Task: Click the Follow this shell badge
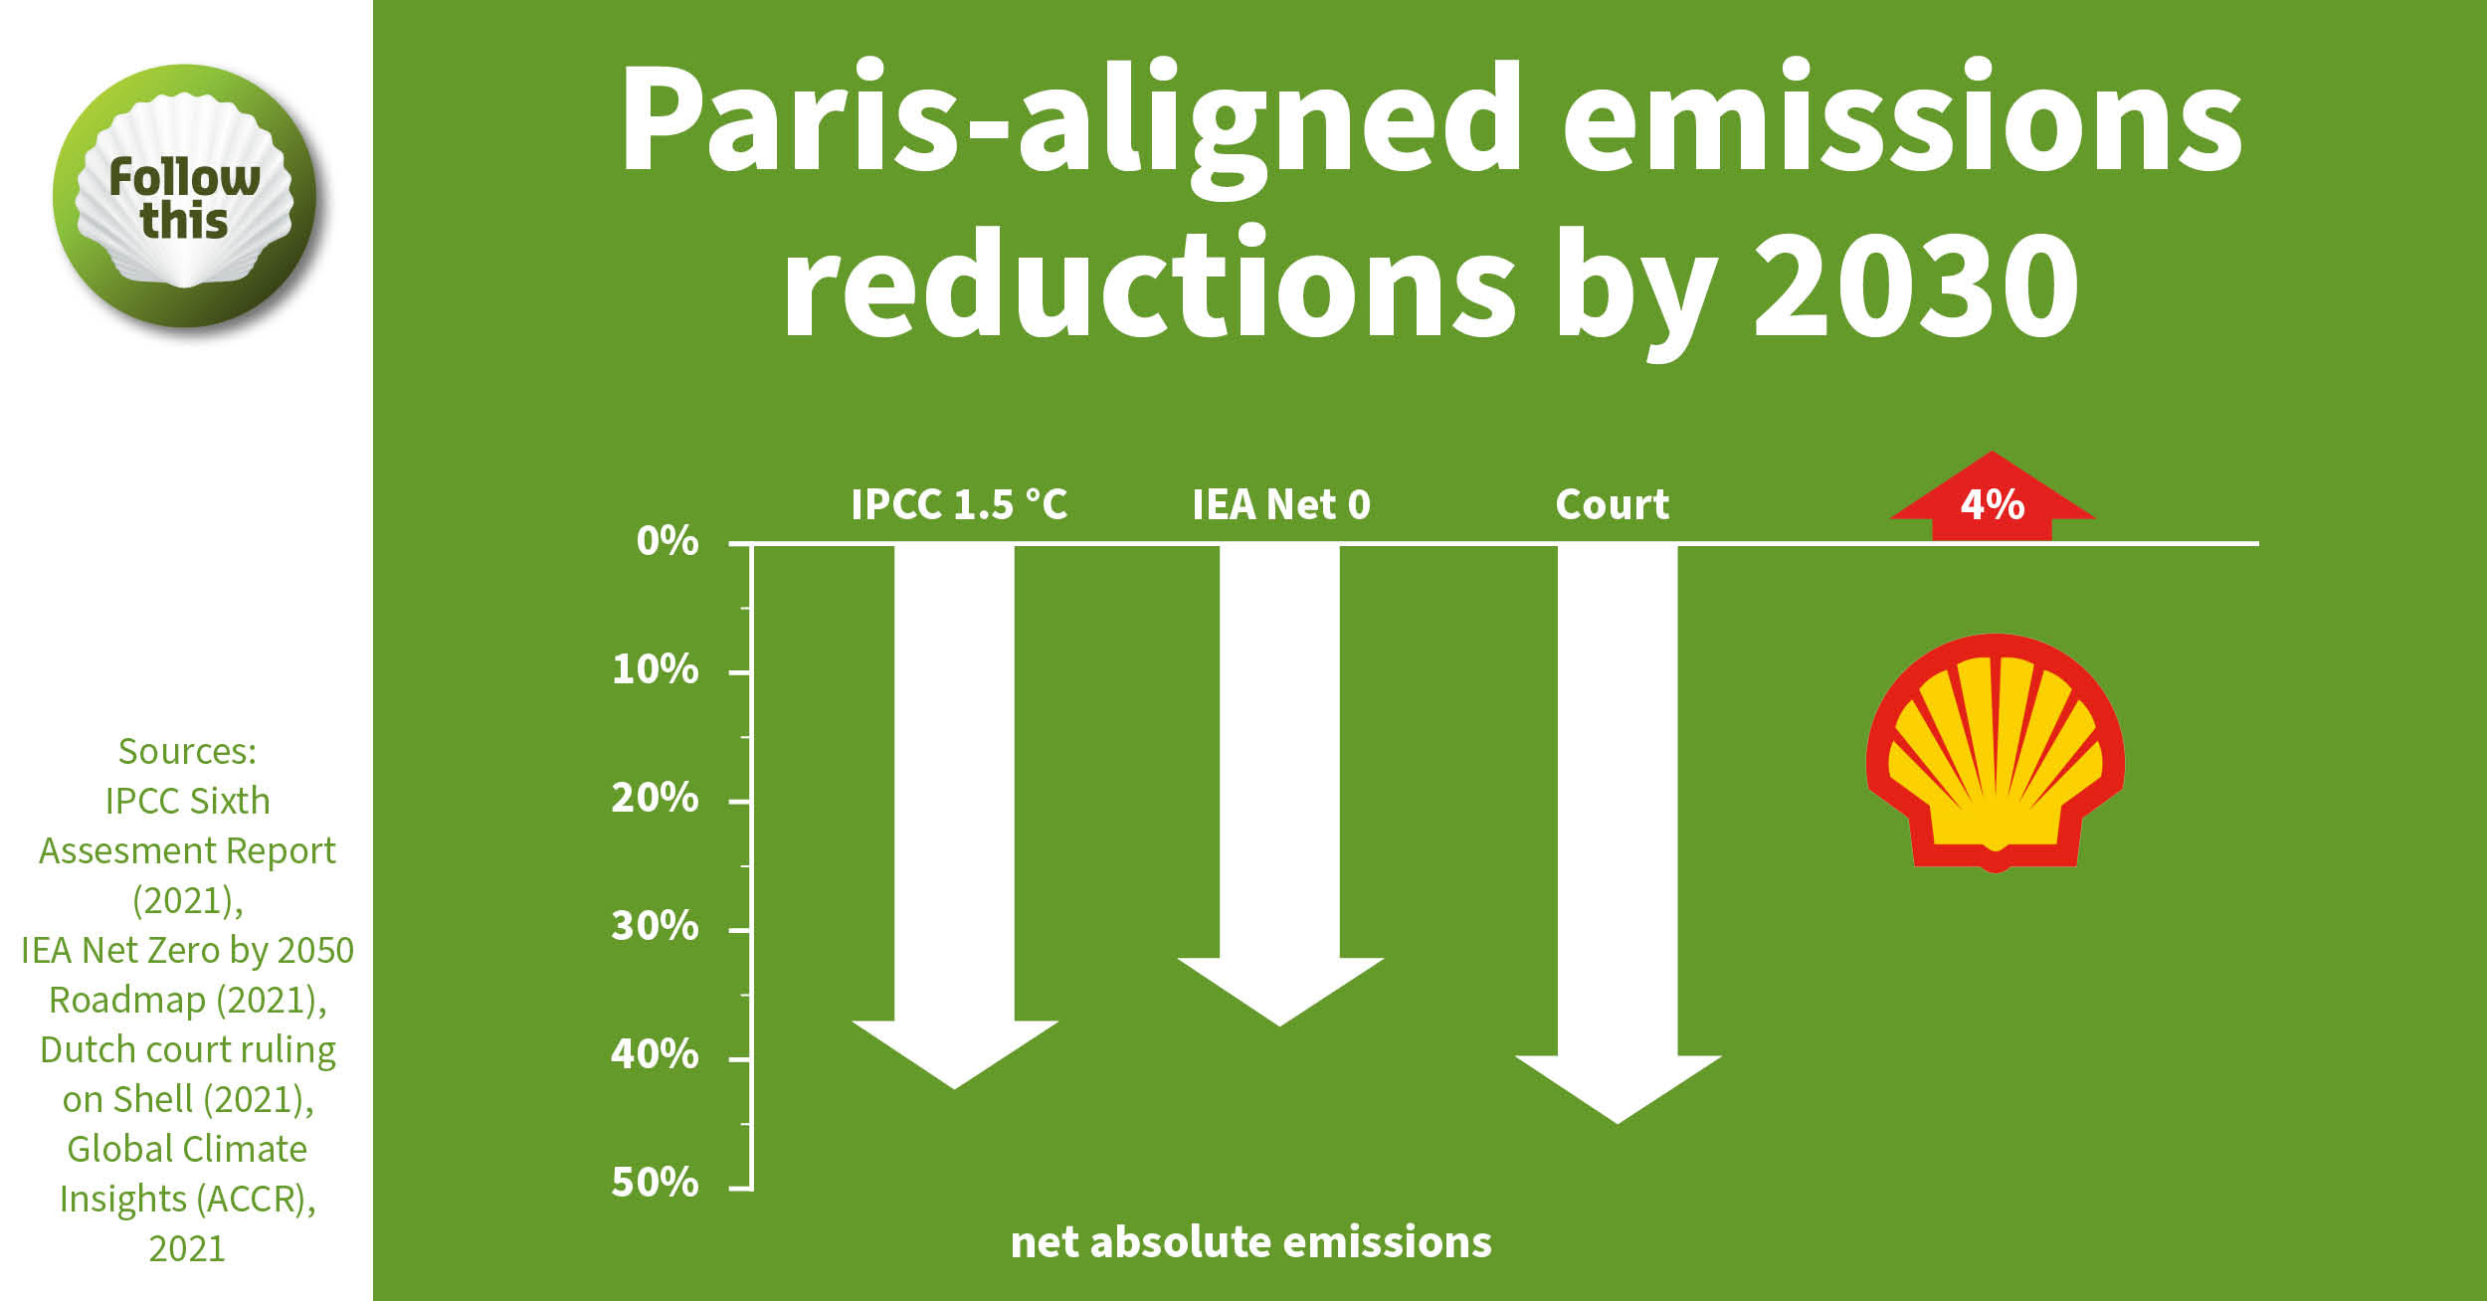pos(185,197)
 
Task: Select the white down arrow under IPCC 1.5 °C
pos(955,816)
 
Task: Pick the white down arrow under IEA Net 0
pos(1280,786)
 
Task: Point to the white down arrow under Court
pos(1618,836)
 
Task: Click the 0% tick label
pos(668,541)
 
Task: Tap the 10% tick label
pos(656,669)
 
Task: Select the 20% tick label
pos(656,798)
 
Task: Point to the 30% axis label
pos(656,926)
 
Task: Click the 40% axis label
pos(656,1054)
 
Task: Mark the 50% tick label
pos(656,1183)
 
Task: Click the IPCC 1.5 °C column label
pos(959,504)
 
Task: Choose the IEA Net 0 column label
pos(1281,504)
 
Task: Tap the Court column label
pos(1613,504)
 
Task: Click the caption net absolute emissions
pos(1251,1242)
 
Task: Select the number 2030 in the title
pos(1915,283)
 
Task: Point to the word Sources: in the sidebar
pos(187,751)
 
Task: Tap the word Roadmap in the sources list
pos(126,1000)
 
